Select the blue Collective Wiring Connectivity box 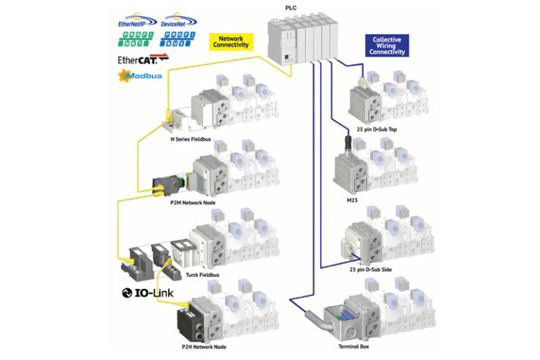pos(387,46)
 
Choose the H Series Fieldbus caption pos(191,139)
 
